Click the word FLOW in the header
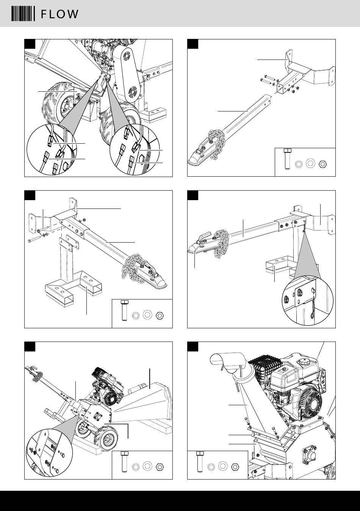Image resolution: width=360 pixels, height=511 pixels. pyautogui.click(x=59, y=14)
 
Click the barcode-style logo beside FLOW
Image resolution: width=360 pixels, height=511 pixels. pyautogui.click(x=22, y=14)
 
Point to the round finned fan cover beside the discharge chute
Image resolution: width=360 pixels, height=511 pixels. pyautogui.click(x=306, y=402)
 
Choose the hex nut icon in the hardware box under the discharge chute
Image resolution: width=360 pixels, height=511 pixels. pyautogui.click(x=235, y=466)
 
